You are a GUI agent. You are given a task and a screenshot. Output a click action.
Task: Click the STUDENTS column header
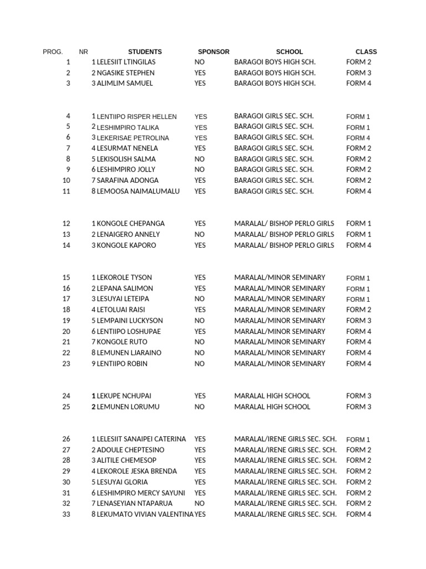145,52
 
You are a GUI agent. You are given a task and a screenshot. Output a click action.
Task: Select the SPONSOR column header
214,52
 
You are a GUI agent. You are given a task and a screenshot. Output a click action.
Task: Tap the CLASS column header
366,52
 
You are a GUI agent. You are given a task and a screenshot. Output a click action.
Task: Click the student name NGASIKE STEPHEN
126,73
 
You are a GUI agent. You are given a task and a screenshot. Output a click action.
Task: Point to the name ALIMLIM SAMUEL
125,83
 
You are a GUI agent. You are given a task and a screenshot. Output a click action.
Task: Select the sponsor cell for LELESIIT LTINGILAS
199,62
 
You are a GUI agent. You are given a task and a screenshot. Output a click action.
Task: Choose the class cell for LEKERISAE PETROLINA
358,138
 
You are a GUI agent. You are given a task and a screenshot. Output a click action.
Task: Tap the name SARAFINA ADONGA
128,181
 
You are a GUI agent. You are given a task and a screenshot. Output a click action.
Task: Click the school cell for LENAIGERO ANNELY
284,234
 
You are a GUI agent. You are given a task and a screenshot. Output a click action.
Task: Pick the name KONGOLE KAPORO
126,245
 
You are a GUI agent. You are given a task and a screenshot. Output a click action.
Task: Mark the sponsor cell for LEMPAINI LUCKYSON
199,321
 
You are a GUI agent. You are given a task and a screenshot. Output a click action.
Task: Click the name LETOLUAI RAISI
121,310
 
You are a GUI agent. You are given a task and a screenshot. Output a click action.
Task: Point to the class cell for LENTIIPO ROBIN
359,364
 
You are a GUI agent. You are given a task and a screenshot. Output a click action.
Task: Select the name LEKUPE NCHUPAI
124,396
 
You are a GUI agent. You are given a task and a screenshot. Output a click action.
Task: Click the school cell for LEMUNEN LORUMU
272,407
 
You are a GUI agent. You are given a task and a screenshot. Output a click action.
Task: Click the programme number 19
67,321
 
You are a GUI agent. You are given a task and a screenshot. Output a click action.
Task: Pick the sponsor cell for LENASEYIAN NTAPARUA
199,503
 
